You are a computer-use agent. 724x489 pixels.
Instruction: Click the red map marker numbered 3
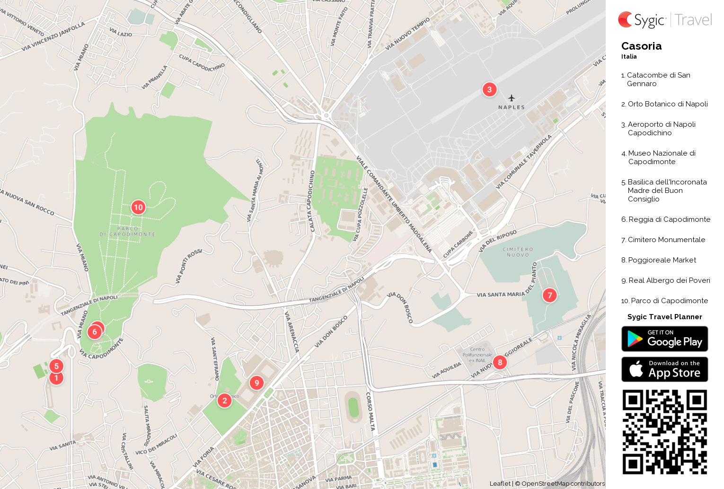[489, 89]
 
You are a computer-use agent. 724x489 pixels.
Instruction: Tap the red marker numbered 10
[138, 207]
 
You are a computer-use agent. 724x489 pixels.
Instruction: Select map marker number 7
[549, 296]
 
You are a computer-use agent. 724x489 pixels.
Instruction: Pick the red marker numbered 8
[500, 363]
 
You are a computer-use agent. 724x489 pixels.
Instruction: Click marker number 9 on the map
[256, 383]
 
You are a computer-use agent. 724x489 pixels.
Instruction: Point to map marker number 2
[224, 401]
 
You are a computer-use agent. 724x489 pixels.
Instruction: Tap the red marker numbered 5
[56, 366]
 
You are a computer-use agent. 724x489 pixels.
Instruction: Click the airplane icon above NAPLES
[512, 98]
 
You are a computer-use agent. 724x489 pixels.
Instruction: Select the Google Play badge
[664, 339]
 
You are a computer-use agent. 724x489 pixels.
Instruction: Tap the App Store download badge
[664, 369]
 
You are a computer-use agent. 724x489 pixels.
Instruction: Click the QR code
[664, 432]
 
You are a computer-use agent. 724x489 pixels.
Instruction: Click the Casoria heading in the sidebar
[641, 46]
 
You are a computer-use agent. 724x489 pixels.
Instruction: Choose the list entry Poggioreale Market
[662, 260]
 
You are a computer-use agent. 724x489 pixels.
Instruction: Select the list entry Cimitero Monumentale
[666, 240]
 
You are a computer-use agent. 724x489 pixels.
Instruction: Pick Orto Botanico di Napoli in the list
[668, 104]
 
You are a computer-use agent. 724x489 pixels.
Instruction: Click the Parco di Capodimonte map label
[127, 231]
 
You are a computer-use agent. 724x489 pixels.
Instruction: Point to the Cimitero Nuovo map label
[518, 252]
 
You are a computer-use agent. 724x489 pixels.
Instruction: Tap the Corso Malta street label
[370, 411]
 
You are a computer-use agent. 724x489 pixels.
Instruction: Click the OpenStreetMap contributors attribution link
[563, 483]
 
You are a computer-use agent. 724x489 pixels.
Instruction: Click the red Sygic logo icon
[625, 20]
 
